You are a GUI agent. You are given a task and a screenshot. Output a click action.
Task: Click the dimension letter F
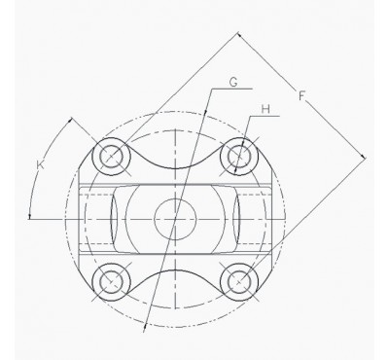[302, 96]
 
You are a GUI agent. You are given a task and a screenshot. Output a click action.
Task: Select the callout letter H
[264, 110]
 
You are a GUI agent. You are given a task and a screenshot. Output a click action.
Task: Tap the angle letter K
[41, 167]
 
